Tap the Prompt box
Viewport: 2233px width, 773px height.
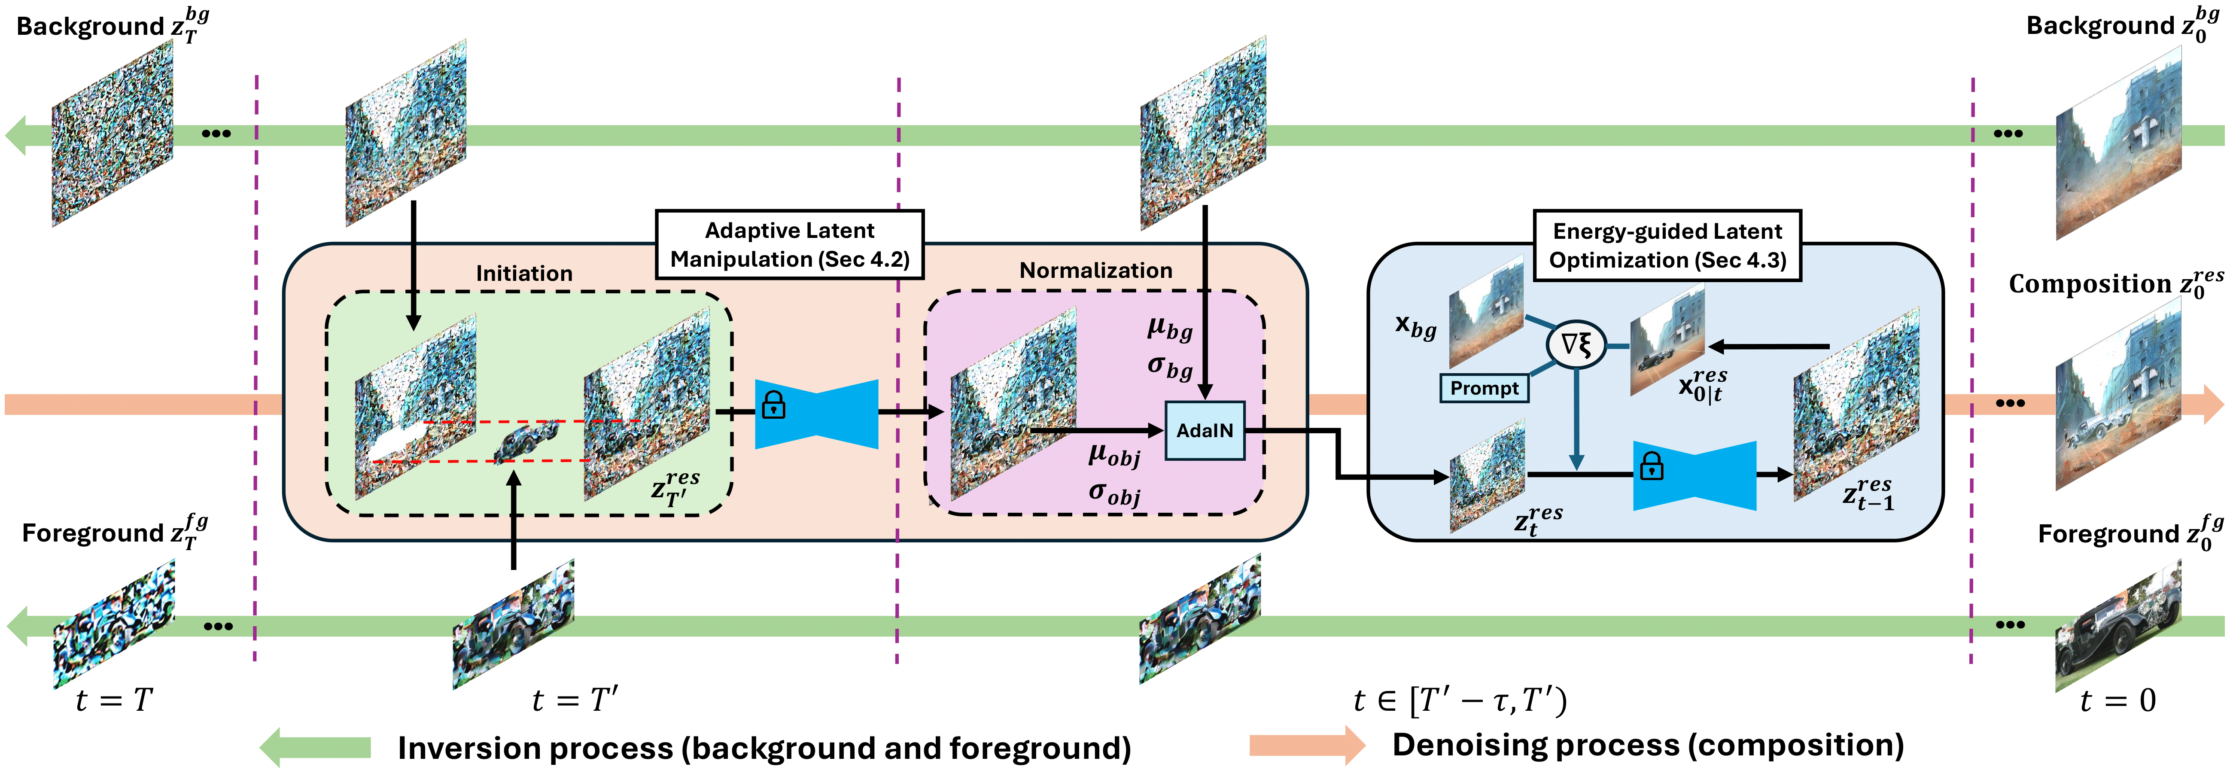1484,388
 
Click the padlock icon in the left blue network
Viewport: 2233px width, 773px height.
773,405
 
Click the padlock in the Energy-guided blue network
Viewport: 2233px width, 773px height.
1651,467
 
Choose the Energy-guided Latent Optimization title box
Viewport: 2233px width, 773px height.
1667,245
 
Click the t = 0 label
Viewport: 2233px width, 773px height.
2117,700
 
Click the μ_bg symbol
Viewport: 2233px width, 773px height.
1169,329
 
